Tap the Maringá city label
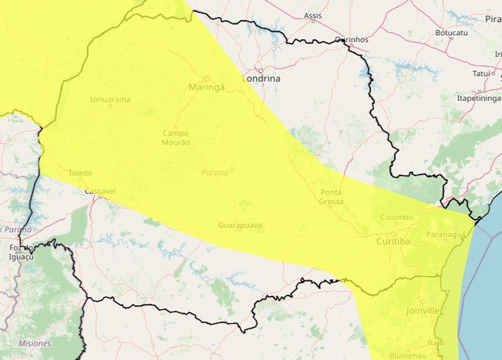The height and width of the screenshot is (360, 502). (x=207, y=87)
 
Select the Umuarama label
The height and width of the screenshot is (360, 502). (x=110, y=99)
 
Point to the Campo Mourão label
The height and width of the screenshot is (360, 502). (x=176, y=138)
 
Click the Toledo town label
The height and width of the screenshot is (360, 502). (x=80, y=173)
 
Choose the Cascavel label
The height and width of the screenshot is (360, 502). (x=100, y=191)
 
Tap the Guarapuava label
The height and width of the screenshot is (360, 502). (x=240, y=225)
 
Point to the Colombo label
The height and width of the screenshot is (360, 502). (x=396, y=217)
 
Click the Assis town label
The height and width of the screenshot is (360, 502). (x=313, y=16)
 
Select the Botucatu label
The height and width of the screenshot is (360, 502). (x=451, y=32)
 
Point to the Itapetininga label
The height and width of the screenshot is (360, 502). (x=479, y=98)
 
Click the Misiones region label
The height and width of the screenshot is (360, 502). (x=35, y=343)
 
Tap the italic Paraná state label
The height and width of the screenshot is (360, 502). (x=215, y=172)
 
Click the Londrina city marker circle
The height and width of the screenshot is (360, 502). (x=261, y=71)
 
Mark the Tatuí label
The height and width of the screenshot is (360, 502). (x=481, y=73)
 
